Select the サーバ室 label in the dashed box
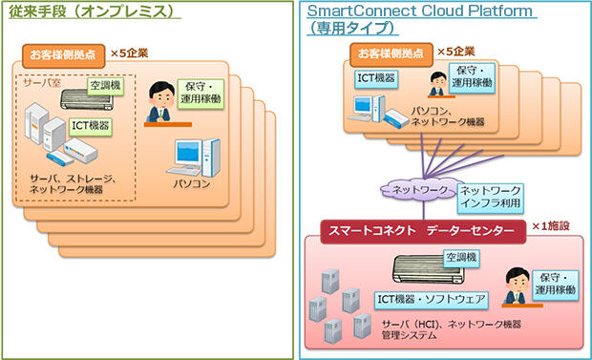point(40,83)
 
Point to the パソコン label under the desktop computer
point(192,181)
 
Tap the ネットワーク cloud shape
point(414,191)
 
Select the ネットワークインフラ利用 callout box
point(491,197)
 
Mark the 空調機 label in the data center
point(463,258)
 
